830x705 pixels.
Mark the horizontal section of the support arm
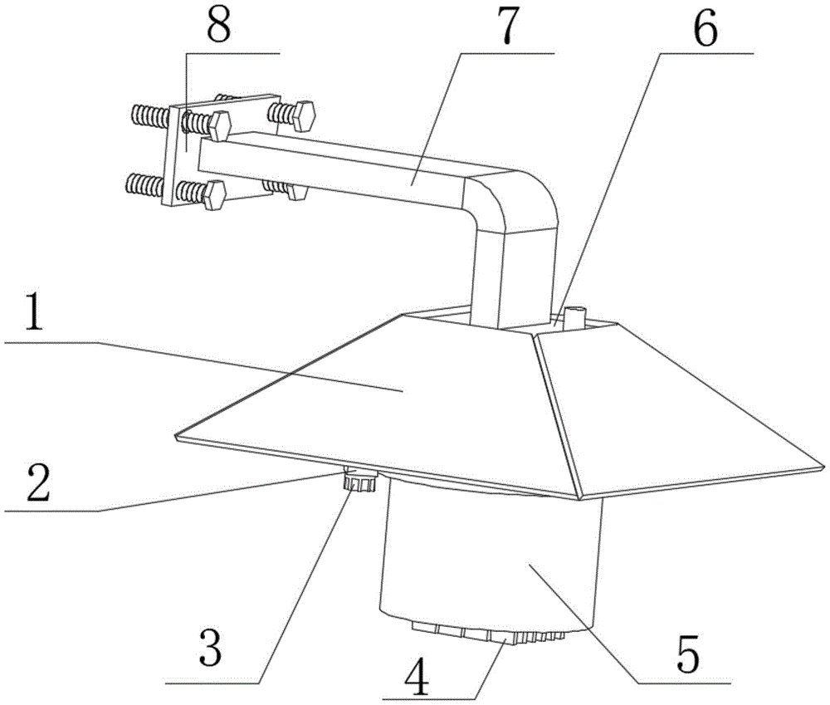[349, 170]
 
